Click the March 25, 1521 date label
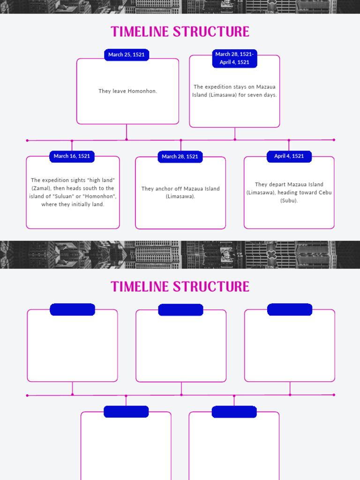click(127, 55)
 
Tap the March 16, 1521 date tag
click(72, 156)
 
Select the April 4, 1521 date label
click(289, 156)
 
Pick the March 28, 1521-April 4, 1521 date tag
click(234, 58)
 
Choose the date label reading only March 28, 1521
click(180, 157)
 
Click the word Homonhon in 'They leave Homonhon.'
click(142, 91)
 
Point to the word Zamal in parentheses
click(41, 188)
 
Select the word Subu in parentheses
click(289, 201)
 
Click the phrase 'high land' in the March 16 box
click(101, 180)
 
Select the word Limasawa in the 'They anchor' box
click(180, 196)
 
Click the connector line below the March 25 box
click(127, 132)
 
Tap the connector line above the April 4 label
click(289, 145)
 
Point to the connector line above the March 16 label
click(72, 146)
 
